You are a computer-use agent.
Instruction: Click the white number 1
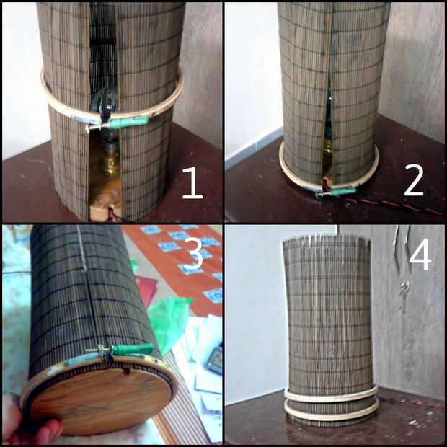point(192,183)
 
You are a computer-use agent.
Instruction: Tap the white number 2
point(414,180)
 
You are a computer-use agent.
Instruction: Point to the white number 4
point(420,255)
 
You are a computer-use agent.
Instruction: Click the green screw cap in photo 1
point(129,122)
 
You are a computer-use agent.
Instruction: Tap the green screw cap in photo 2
point(343,191)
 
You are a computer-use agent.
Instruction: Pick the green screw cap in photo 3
point(132,349)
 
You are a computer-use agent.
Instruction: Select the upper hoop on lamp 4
point(331,395)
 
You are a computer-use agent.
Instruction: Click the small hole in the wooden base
point(127,371)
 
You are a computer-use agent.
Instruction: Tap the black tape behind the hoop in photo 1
point(105,105)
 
